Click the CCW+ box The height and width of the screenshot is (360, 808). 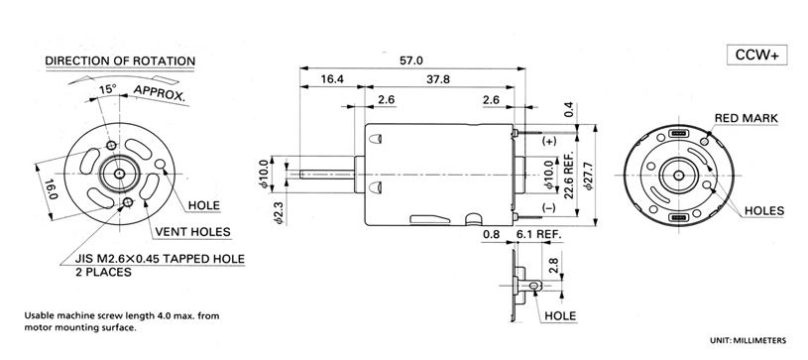[x=757, y=56]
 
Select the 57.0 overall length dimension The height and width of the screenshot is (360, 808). [x=410, y=60]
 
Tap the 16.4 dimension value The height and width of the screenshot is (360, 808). [x=332, y=79]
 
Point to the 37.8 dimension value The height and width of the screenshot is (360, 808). [x=438, y=79]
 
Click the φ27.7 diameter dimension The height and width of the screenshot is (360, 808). [x=590, y=176]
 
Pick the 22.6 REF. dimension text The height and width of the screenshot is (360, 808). [x=569, y=176]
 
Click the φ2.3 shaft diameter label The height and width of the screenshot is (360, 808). [x=279, y=212]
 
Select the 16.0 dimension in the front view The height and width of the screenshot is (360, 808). [x=51, y=189]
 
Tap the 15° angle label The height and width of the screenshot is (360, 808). [x=108, y=89]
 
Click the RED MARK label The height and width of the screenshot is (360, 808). [x=747, y=118]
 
